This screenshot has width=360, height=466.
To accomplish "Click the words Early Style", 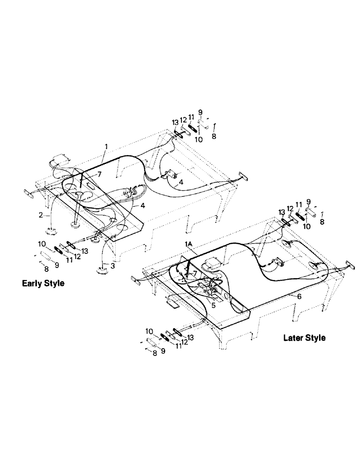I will click(43, 283).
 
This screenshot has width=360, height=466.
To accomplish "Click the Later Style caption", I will click(304, 338).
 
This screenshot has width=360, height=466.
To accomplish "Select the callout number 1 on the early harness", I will click(106, 146).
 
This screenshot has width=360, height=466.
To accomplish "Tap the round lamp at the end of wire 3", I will click(101, 270).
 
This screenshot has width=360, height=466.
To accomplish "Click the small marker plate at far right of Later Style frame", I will click(348, 265).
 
